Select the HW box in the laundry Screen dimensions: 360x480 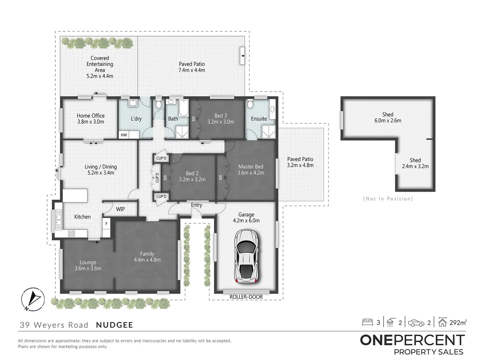click(124, 135)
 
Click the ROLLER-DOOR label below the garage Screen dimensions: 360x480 click(246, 297)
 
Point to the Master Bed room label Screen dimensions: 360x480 click(251, 167)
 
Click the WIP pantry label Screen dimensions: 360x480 click(120, 209)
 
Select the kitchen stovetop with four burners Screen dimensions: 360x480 click(71, 233)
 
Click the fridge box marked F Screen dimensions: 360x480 click(106, 224)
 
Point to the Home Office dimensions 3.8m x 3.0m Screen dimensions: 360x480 click(91, 122)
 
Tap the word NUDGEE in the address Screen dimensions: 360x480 click(114, 325)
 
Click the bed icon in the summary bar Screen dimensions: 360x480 click(367, 322)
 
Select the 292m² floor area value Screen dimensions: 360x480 click(458, 322)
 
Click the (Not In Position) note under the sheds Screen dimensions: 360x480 click(388, 199)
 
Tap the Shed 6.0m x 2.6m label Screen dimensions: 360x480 click(388, 118)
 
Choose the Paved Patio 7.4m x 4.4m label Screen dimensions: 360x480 click(192, 67)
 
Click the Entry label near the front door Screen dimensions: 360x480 click(196, 205)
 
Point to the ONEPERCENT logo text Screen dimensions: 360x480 click(412, 340)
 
